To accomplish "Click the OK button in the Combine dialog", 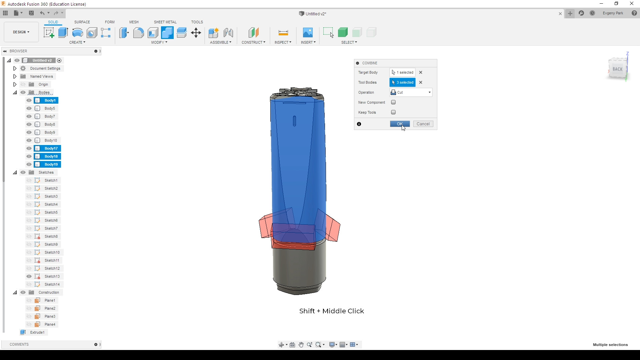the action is pos(400,124).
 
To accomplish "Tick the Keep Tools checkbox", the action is pos(393,112).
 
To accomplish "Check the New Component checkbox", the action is pos(393,102).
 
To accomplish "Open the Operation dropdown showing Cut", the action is pos(411,92).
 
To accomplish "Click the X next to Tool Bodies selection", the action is pos(421,82).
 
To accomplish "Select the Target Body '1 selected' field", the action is pos(402,72).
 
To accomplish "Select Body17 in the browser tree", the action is pos(51,148).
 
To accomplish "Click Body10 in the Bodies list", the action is pos(51,140).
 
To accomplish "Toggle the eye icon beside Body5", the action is pos(29,108).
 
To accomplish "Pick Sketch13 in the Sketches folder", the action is pos(52,276).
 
